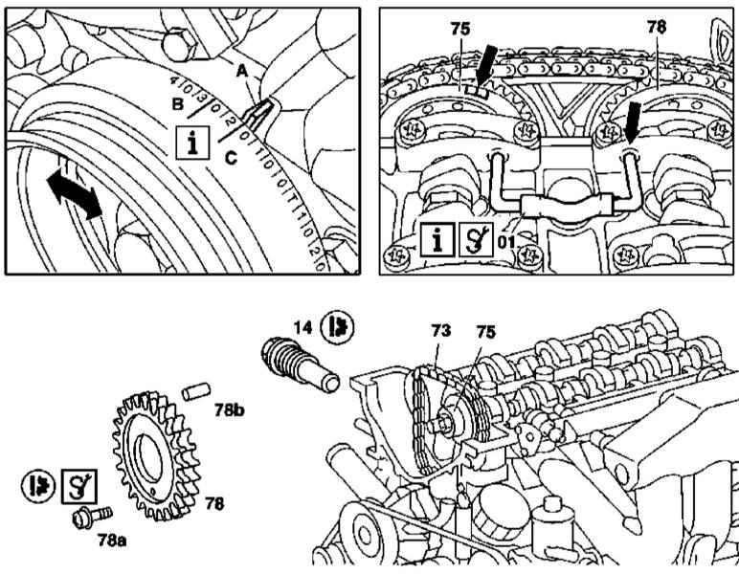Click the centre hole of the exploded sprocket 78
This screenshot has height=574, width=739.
[153, 451]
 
